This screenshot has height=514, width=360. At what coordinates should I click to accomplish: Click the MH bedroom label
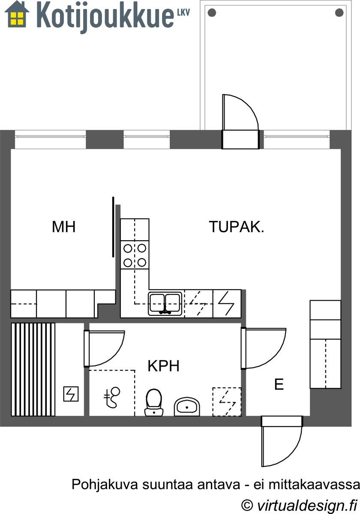click(x=63, y=227)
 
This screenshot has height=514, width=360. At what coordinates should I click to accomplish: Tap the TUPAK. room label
click(x=237, y=227)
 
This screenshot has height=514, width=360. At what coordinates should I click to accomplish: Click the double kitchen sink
click(x=165, y=304)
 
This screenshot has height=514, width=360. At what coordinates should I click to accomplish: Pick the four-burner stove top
click(x=135, y=255)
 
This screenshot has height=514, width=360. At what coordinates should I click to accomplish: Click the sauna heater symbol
click(x=71, y=394)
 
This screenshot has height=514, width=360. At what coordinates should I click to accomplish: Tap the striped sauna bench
click(x=33, y=369)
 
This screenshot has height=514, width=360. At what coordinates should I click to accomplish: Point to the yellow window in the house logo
click(x=17, y=18)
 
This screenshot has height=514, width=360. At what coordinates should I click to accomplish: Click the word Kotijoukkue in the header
click(x=105, y=18)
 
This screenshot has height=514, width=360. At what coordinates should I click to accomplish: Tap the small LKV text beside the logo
click(x=183, y=12)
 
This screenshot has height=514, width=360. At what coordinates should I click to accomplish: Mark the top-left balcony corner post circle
click(x=212, y=12)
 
